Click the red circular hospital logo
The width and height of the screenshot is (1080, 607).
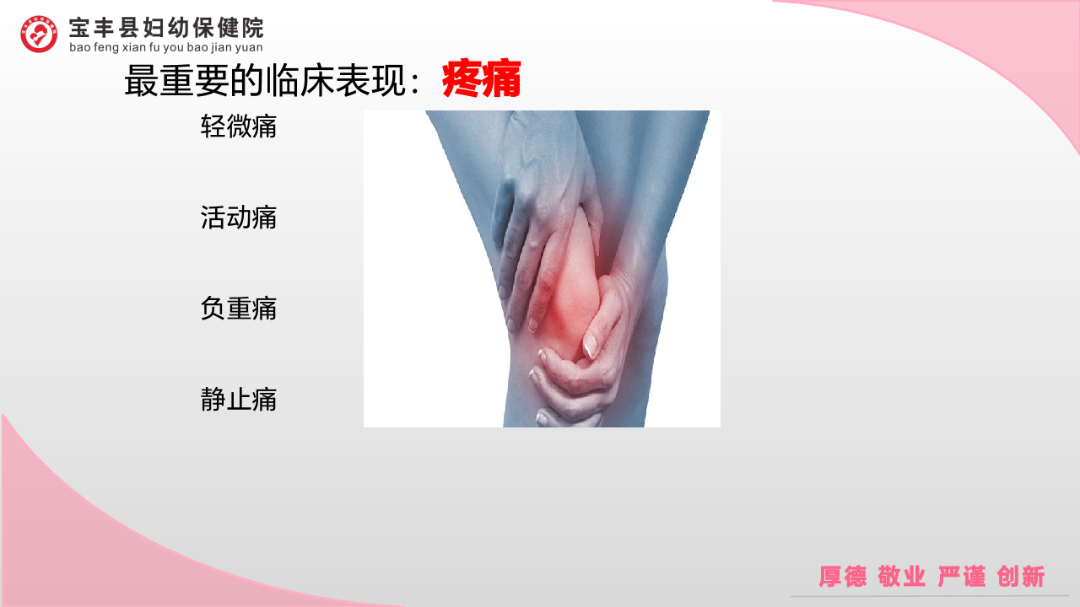click(x=39, y=34)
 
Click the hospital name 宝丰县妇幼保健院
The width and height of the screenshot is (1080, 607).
click(x=166, y=28)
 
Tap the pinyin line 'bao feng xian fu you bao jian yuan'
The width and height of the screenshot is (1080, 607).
click(x=166, y=47)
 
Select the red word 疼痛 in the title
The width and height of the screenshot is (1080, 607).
click(x=481, y=78)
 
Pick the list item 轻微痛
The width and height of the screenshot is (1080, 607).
click(x=239, y=126)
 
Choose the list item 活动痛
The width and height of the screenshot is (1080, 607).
click(x=239, y=218)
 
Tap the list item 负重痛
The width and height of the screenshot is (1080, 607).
click(x=239, y=309)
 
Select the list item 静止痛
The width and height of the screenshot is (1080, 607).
click(x=239, y=400)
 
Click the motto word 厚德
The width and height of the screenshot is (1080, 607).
click(x=843, y=576)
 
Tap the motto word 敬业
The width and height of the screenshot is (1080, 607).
click(x=902, y=576)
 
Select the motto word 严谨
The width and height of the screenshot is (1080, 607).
click(x=961, y=576)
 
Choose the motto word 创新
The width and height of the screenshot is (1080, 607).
click(x=1021, y=576)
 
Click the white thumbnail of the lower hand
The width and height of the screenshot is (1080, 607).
click(x=590, y=346)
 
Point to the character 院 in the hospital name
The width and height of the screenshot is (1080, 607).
click(x=252, y=28)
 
